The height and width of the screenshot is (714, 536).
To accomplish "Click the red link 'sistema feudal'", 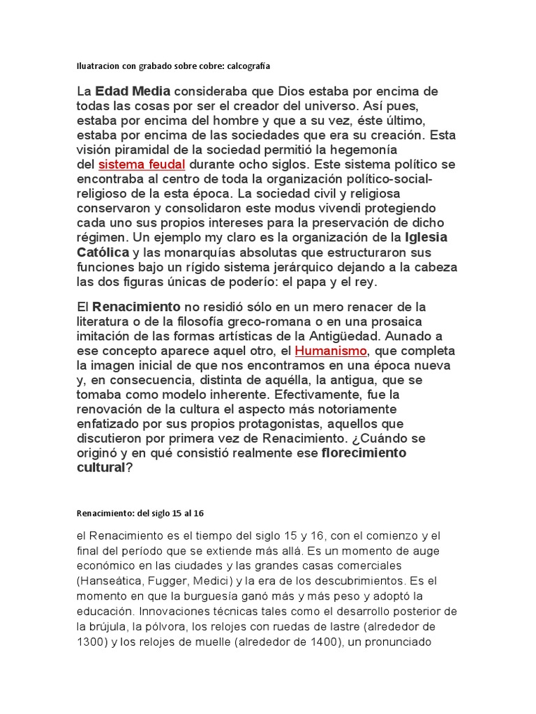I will click(142, 165).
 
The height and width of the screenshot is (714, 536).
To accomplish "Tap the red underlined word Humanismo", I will click(330, 350).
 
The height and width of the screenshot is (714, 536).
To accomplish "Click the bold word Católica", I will click(103, 252).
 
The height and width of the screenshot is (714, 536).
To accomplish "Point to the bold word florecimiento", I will click(364, 453).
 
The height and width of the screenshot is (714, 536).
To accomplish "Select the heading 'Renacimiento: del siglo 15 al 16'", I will click(140, 513).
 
